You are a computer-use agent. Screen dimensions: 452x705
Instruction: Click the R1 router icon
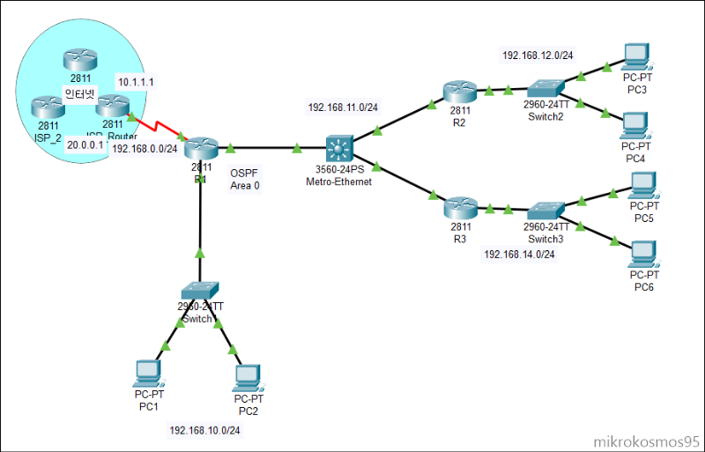click(x=202, y=148)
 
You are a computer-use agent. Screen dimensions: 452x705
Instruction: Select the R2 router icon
click(x=459, y=91)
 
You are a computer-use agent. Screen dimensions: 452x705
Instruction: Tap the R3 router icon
click(x=459, y=208)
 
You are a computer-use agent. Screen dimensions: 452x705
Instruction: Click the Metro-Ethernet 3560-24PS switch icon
click(x=338, y=146)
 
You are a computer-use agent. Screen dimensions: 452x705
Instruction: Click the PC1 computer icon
click(x=146, y=374)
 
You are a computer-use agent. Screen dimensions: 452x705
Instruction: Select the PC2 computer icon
click(x=249, y=378)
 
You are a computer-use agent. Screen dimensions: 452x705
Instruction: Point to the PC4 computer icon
click(x=634, y=124)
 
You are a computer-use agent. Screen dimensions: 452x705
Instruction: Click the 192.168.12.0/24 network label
click(x=538, y=56)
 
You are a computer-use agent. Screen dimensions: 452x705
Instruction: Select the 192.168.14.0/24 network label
click(x=519, y=254)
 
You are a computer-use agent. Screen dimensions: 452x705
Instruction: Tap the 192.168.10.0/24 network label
click(x=204, y=430)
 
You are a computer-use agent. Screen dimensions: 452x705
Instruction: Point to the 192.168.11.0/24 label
click(x=343, y=107)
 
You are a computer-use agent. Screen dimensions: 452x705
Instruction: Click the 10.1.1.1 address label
click(x=137, y=82)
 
